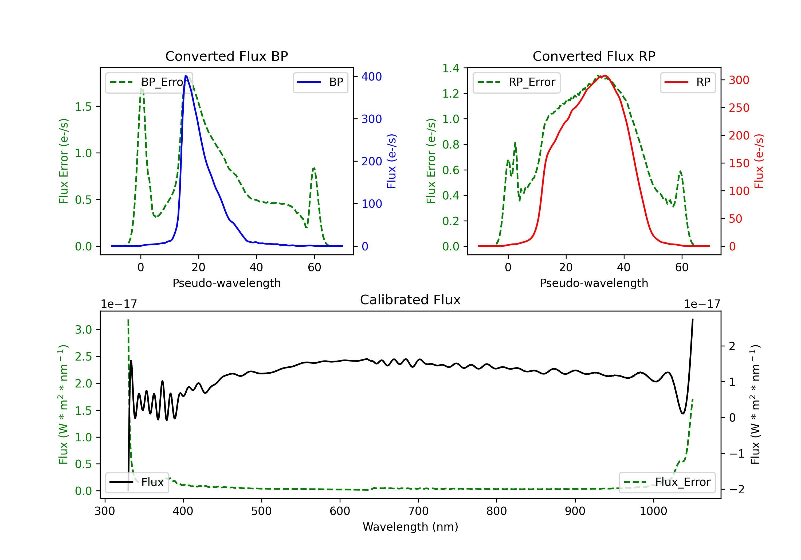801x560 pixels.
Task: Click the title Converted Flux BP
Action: coord(226,56)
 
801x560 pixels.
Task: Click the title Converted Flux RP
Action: coord(594,56)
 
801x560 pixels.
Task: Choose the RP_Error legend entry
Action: coord(516,82)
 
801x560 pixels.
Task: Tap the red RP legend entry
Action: coord(688,82)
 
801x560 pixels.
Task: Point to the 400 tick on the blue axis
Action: coord(372,77)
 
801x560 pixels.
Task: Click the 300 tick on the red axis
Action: coord(739,80)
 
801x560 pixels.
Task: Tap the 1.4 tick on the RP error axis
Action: coord(451,68)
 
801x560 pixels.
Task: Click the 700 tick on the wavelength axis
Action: coord(418,511)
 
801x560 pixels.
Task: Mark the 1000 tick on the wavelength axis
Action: coord(653,511)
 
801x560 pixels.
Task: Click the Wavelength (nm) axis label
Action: coord(410,527)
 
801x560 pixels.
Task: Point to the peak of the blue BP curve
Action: coord(186,76)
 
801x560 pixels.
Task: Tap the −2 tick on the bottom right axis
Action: coord(736,489)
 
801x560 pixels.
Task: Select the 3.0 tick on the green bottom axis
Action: coord(83,330)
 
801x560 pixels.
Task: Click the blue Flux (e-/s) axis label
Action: coord(391,161)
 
